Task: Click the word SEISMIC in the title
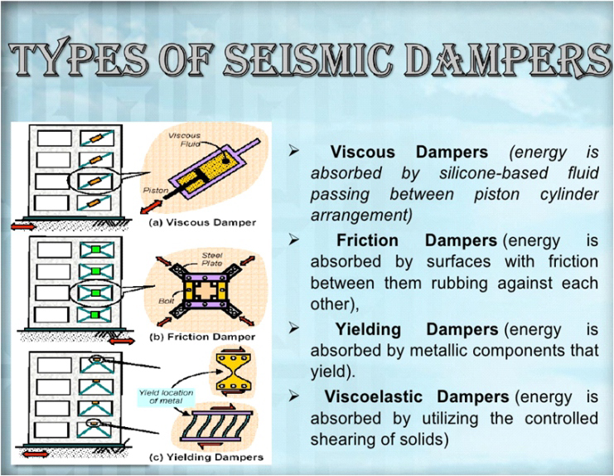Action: tap(308, 60)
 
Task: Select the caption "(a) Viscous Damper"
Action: tap(203, 222)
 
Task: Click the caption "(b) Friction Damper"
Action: tap(202, 337)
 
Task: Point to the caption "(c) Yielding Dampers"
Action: tap(206, 457)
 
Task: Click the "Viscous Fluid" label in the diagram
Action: tap(185, 139)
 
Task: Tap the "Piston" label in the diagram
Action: tap(156, 191)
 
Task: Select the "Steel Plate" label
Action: tap(212, 260)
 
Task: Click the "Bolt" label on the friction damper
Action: tap(166, 301)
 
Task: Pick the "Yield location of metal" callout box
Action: tap(166, 396)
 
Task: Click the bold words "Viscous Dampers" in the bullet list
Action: tap(409, 152)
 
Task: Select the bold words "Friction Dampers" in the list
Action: tap(417, 240)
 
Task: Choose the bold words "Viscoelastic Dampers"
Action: tap(417, 397)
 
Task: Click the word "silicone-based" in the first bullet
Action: tap(493, 173)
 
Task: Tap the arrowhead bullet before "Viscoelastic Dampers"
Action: tap(293, 396)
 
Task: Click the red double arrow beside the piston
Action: tap(151, 206)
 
